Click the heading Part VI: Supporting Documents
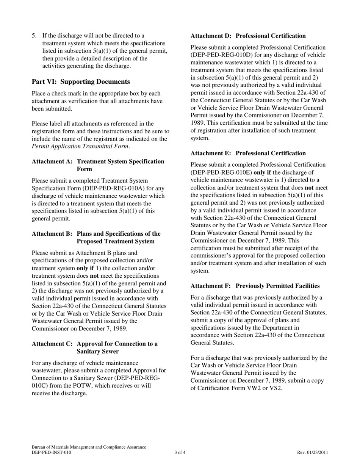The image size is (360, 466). click(81, 81)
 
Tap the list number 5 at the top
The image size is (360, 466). click(34, 36)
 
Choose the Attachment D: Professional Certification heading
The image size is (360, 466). click(248, 36)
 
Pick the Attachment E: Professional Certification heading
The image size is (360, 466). click(248, 153)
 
